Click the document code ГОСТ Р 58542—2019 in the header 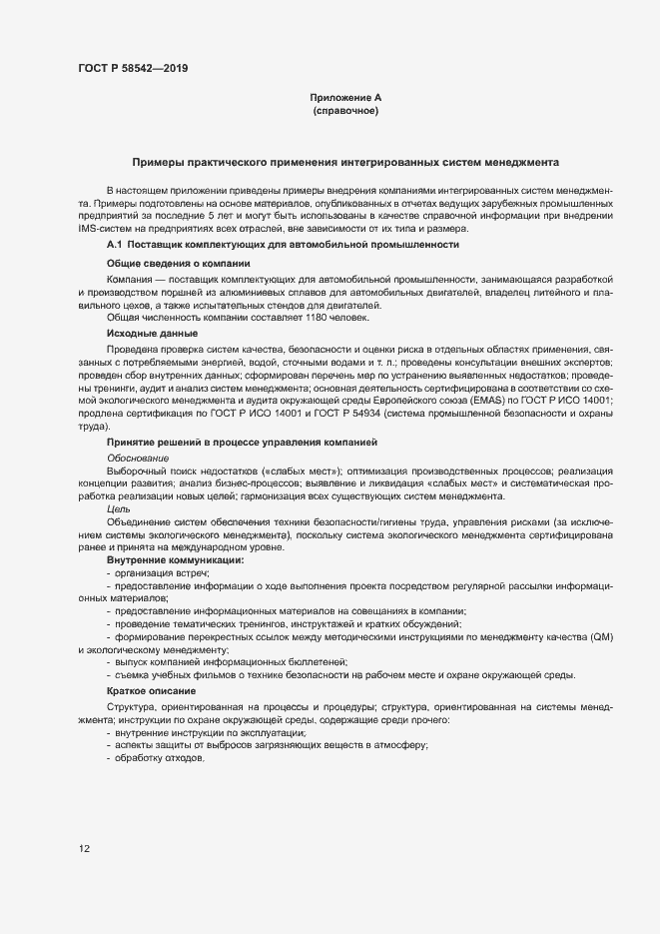coord(132,69)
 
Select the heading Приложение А coord(345,98)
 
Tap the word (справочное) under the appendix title coord(345,111)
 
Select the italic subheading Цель coord(118,509)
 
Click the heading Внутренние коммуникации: coord(175,560)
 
